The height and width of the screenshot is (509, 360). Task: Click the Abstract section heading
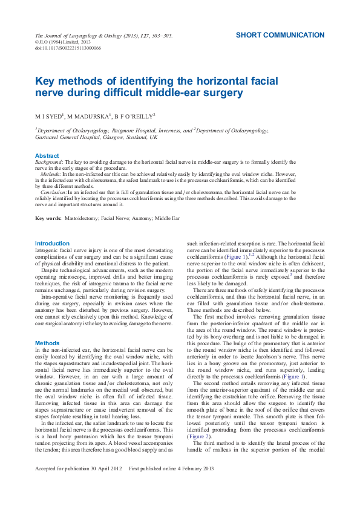click(x=47, y=156)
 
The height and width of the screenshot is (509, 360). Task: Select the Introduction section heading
click(x=52, y=244)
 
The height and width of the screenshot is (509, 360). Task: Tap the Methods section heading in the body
click(x=47, y=343)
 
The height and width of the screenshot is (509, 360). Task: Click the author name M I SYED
click(x=48, y=115)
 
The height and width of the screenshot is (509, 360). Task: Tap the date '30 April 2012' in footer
click(x=104, y=485)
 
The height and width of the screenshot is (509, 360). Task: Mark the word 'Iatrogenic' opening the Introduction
click(x=48, y=250)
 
